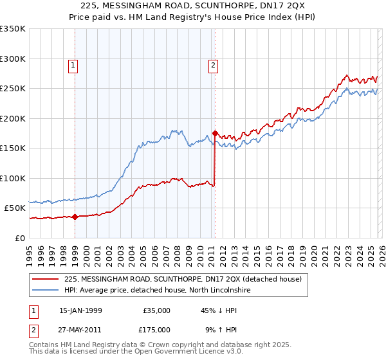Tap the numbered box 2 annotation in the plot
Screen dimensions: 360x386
(212, 65)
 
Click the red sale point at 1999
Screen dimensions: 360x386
(75, 217)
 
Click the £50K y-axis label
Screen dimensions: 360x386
(14, 208)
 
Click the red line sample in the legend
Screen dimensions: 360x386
(46, 280)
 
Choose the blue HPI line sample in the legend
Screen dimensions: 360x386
(46, 291)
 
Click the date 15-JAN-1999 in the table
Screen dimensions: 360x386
(80, 310)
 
